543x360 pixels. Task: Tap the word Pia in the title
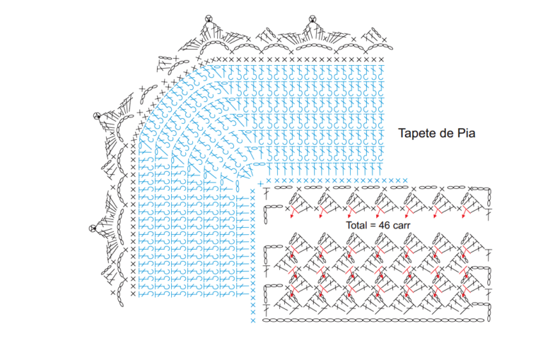point(467,133)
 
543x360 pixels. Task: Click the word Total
point(356,225)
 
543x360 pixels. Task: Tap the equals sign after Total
point(373,226)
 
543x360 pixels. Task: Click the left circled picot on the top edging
point(208,18)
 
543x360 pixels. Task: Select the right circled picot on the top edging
point(313,18)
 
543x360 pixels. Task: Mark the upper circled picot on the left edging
point(97,116)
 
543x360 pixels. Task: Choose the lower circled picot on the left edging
point(93,228)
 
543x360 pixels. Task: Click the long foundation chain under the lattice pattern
point(373,320)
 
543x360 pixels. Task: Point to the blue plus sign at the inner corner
point(261,184)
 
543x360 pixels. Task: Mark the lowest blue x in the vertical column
point(253,320)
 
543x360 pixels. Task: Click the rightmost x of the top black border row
point(381,59)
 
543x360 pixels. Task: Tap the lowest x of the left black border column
point(133,294)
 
